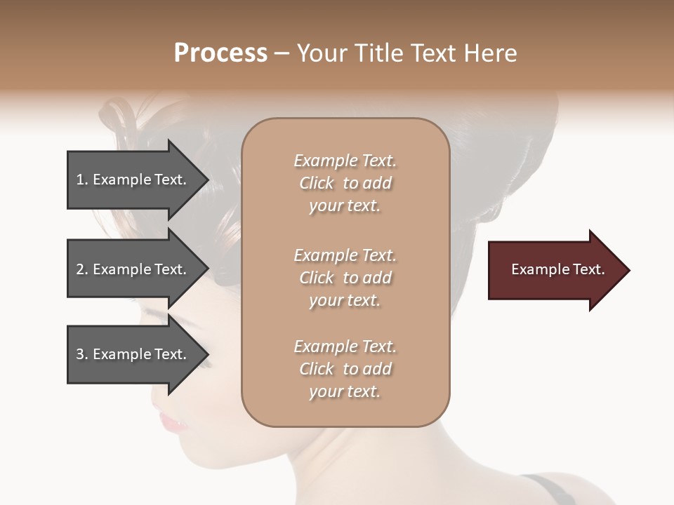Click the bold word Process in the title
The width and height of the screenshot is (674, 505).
coord(220,53)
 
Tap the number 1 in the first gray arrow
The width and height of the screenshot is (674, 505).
coord(80,180)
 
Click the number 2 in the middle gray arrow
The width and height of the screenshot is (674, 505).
coord(80,269)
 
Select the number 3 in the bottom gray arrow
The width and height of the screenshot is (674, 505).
coord(80,354)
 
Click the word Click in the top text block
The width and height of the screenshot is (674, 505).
coord(317,184)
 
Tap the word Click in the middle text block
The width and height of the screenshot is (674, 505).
coord(317,278)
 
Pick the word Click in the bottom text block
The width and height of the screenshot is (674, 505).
coord(317,369)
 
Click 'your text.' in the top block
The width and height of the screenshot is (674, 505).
coord(345,206)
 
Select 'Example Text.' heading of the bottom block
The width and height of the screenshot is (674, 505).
coord(345,346)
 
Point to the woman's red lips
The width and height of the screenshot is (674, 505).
coord(170,422)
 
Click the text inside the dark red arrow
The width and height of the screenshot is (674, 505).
coord(558,269)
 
